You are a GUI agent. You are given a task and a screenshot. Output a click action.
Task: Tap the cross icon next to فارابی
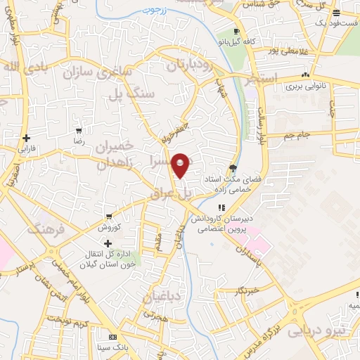tap(27, 138)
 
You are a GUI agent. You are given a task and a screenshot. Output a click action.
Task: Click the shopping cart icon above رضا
tap(79, 131)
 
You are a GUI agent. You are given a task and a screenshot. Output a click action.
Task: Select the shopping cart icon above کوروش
tap(108, 217)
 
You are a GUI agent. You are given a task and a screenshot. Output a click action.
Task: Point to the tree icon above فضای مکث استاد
tap(233, 168)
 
